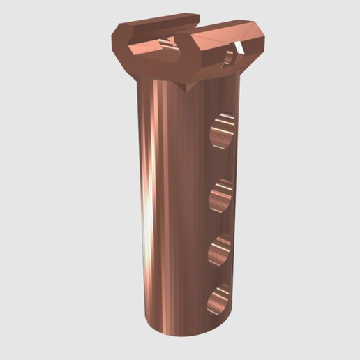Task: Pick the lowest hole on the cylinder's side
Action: coord(219,299)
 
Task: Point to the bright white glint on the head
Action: coord(239,47)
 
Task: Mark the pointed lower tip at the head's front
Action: coord(188,90)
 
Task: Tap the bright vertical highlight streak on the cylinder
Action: coord(147,209)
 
